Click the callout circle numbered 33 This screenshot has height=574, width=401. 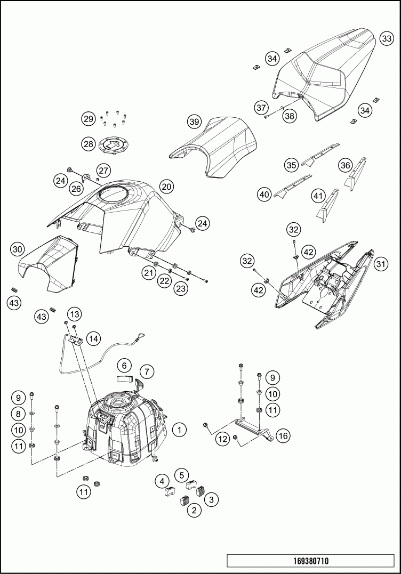coord(387,38)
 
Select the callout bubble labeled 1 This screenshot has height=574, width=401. coord(180,429)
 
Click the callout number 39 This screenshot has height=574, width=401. coord(194,122)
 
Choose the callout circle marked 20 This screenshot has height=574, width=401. coord(166,187)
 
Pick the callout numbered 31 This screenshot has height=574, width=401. coord(381,263)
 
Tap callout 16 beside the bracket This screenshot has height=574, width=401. coord(283,435)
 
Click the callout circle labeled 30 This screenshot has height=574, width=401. coord(18,248)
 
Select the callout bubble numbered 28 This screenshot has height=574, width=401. coord(88,143)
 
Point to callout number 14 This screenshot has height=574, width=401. coord(93,338)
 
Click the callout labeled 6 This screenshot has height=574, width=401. coord(124,366)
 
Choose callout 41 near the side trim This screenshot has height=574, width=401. coord(318,196)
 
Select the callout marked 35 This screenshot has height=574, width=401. coord(291,165)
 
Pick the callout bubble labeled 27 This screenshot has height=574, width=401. coord(103,171)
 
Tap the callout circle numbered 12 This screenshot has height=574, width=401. coord(223,439)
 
